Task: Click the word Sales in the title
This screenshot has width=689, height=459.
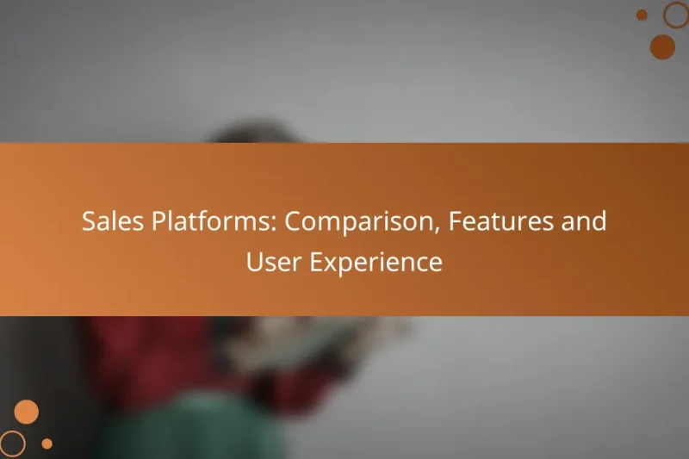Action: [x=108, y=222]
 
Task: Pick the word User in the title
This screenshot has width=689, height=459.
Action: [x=269, y=263]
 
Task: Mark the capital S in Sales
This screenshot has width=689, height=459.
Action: [x=89, y=222]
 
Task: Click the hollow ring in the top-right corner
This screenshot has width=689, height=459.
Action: [x=676, y=14]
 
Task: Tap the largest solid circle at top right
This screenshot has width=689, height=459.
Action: [x=662, y=47]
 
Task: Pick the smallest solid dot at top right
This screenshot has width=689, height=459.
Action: [x=642, y=15]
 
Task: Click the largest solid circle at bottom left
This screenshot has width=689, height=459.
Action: [x=27, y=412]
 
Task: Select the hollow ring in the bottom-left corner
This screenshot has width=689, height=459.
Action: [x=12, y=443]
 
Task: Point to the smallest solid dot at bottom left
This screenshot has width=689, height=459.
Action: [x=47, y=443]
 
